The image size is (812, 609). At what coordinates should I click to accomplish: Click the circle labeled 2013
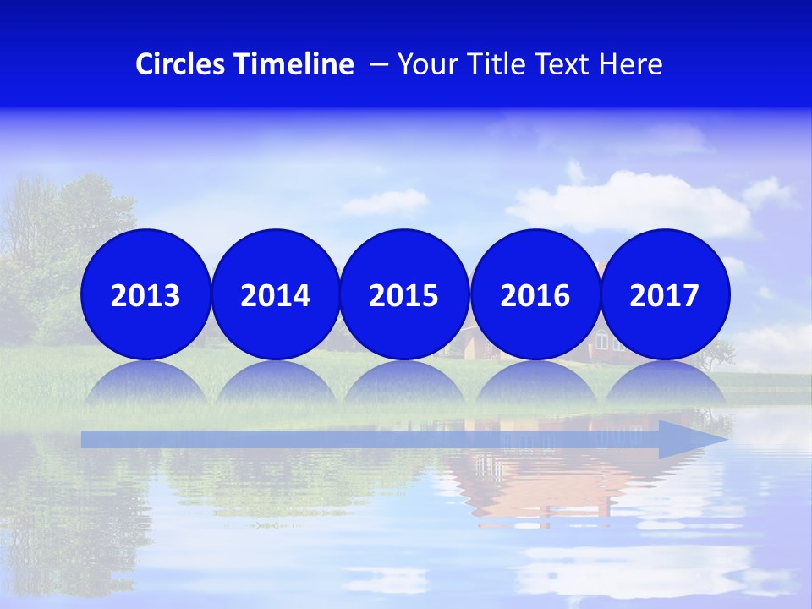tap(145, 294)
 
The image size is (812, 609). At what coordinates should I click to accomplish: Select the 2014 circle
tap(275, 294)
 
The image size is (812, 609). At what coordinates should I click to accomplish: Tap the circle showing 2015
tap(403, 294)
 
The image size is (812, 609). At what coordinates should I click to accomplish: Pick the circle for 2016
tap(535, 294)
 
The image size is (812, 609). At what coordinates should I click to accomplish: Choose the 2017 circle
tap(665, 294)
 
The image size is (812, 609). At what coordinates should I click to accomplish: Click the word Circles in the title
tap(180, 64)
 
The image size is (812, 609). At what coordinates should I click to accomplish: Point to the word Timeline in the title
tap(294, 64)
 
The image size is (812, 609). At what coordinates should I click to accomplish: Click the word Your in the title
tap(422, 64)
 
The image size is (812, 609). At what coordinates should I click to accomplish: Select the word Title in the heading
tap(486, 64)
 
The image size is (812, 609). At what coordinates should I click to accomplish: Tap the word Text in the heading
tap(559, 64)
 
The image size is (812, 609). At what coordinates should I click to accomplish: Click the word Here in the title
tap(630, 64)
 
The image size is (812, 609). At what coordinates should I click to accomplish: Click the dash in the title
tap(379, 65)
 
